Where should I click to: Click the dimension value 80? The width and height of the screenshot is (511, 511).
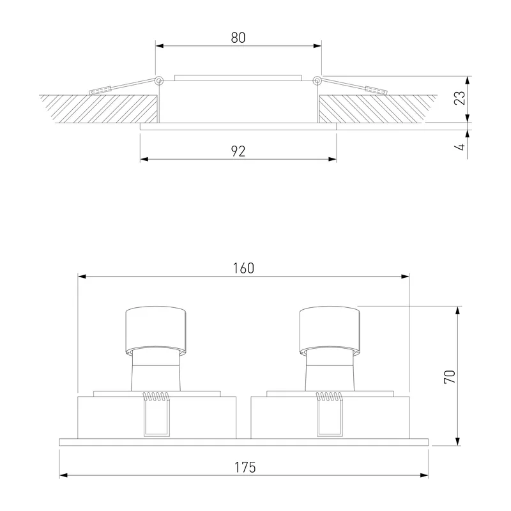(238, 38)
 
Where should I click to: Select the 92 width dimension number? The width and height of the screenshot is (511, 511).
(238, 151)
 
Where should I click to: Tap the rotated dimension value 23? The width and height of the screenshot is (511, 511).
(460, 98)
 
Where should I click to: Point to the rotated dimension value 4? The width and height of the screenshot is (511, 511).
(460, 147)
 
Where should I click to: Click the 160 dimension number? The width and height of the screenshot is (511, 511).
(243, 268)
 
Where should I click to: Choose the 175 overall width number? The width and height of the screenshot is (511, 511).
(245, 468)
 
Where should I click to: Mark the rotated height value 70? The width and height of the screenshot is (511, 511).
(450, 377)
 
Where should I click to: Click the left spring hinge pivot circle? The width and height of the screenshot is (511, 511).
(158, 80)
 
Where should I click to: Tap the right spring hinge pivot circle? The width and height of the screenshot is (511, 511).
(317, 80)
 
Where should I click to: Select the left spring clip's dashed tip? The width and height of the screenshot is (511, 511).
(100, 91)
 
